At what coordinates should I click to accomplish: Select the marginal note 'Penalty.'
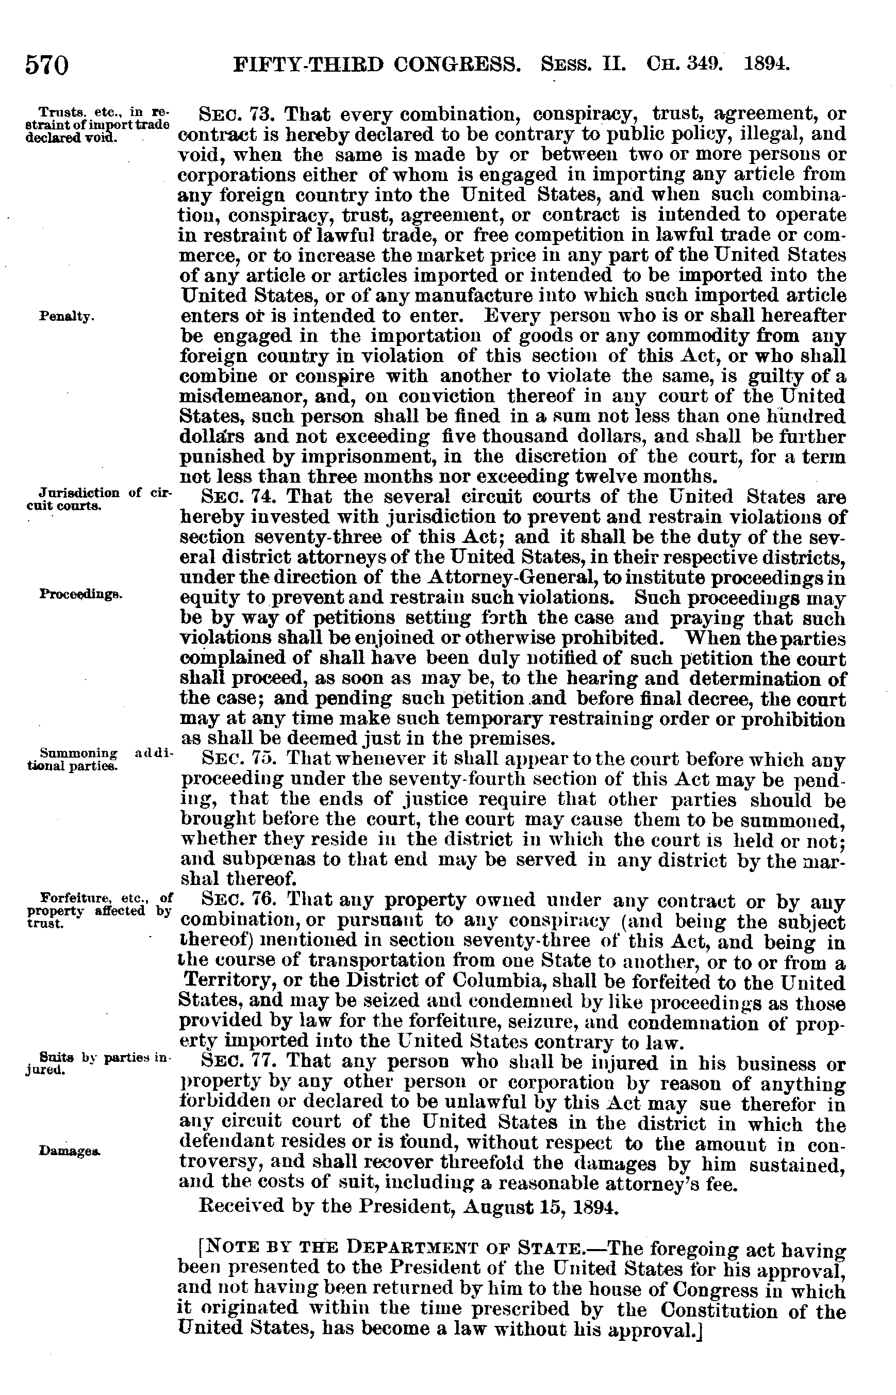coord(65,317)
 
